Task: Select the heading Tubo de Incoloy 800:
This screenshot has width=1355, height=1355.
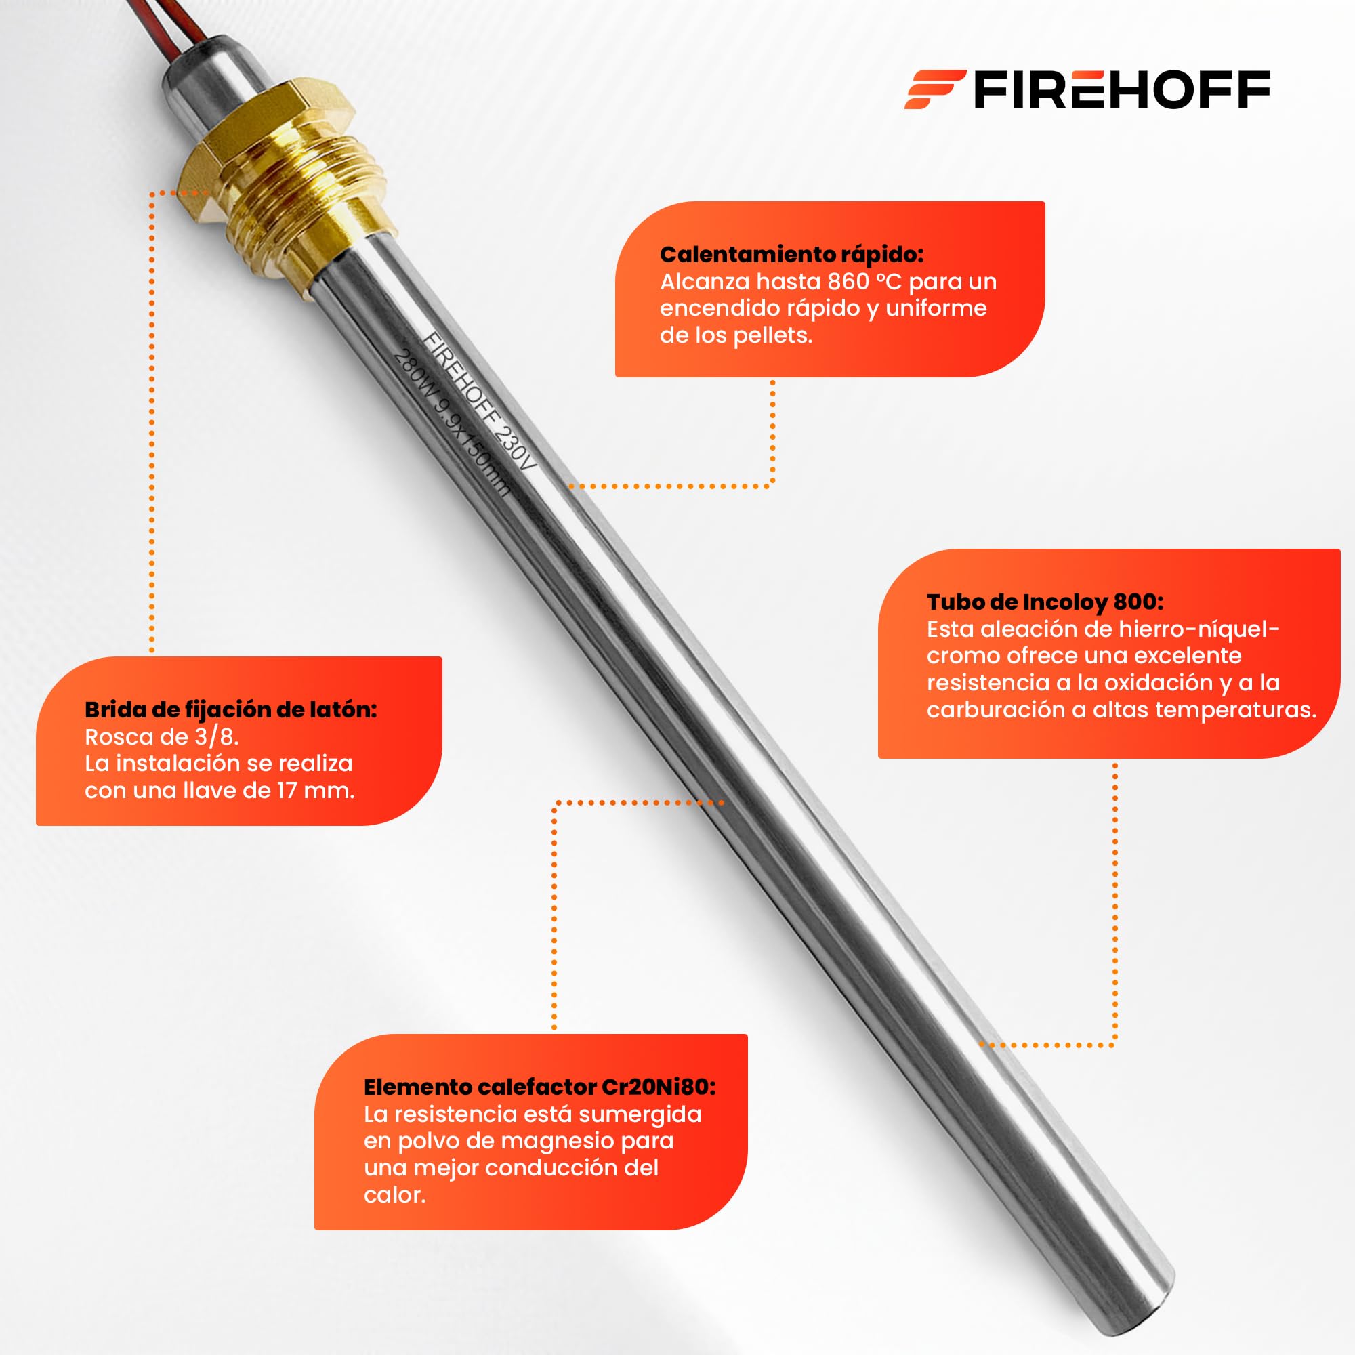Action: [x=1045, y=602]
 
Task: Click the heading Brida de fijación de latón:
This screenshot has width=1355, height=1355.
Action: [x=231, y=710]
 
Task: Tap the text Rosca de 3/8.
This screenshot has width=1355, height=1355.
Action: [x=162, y=736]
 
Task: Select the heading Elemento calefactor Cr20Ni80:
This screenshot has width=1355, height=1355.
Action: [x=540, y=1087]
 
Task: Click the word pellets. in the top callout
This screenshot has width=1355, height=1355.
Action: [x=773, y=335]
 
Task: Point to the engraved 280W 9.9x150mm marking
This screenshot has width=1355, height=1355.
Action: [x=451, y=423]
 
